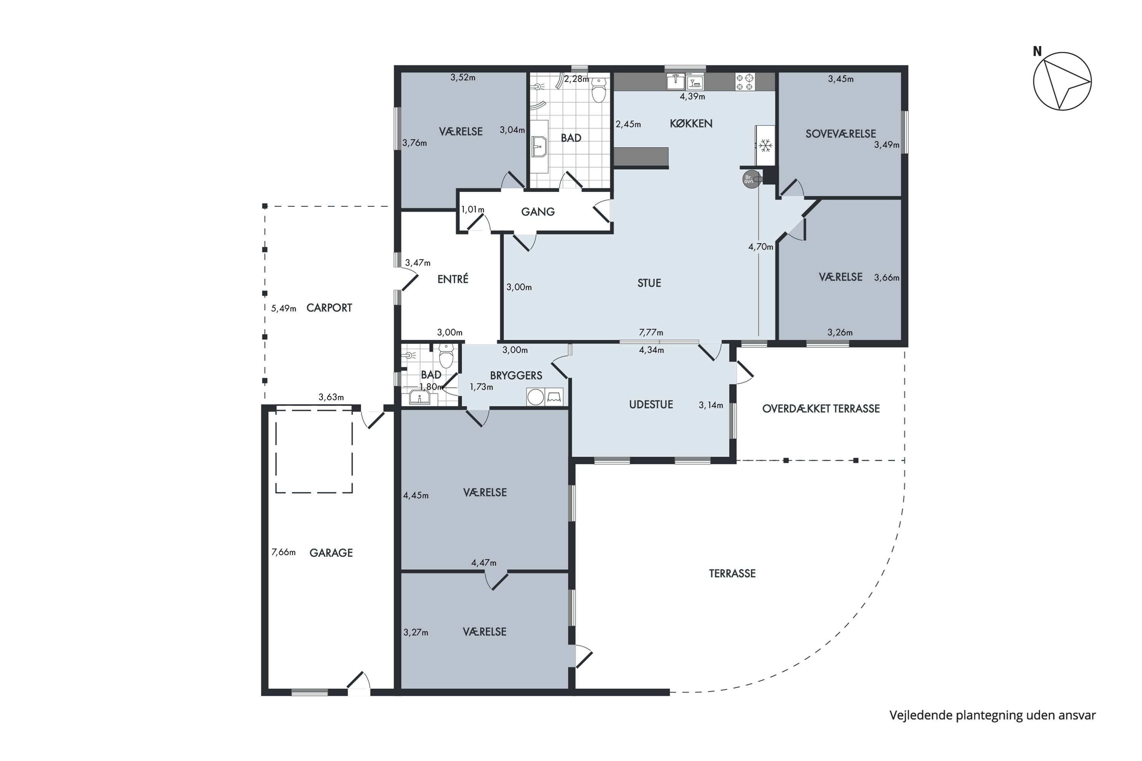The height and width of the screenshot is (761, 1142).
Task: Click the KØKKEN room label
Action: click(x=691, y=124)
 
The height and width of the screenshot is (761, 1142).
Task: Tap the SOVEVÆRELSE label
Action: click(x=841, y=134)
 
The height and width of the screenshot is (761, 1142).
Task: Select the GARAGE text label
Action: click(x=331, y=553)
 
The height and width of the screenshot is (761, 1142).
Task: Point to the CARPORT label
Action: click(x=329, y=308)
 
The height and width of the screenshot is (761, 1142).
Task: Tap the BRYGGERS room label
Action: click(x=516, y=376)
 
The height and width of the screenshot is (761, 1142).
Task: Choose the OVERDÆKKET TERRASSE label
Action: click(x=821, y=409)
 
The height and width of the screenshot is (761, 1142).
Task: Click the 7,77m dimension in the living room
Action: click(x=651, y=333)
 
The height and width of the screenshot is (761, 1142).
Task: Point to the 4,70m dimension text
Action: click(x=761, y=247)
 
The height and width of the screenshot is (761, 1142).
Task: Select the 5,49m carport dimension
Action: click(x=284, y=308)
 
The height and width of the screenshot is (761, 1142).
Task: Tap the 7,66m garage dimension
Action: click(x=284, y=552)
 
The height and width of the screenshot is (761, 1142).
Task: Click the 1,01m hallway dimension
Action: click(x=473, y=210)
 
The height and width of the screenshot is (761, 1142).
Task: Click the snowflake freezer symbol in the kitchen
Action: click(x=766, y=146)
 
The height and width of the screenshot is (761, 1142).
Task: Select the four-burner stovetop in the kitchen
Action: click(x=745, y=81)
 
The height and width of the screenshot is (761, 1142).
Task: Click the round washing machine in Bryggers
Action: click(x=536, y=397)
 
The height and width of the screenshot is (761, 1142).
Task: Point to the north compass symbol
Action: click(x=1062, y=81)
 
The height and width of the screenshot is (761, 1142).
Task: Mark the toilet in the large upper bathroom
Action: click(x=599, y=90)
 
